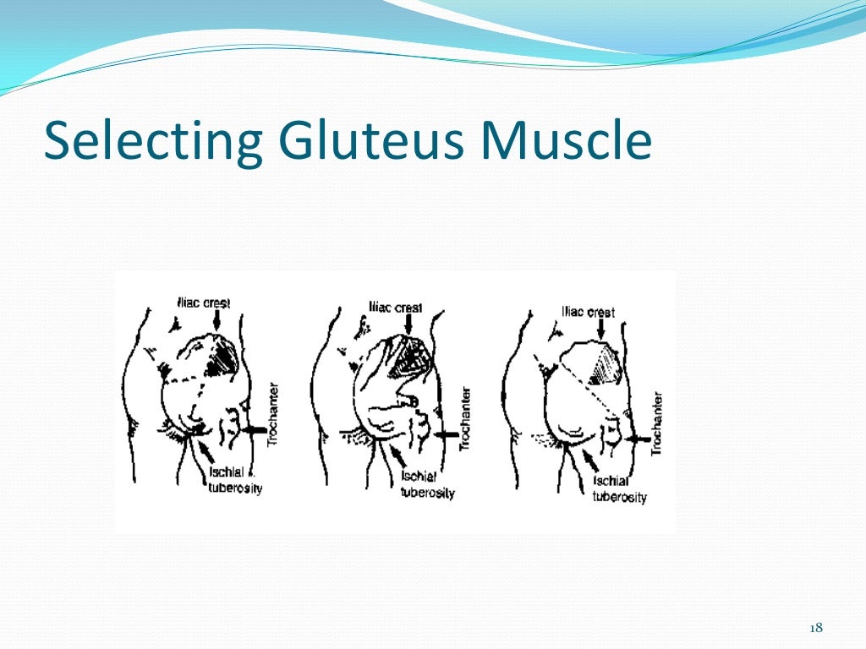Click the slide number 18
pyautogui.click(x=816, y=627)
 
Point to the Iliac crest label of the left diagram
pyautogui.click(x=204, y=302)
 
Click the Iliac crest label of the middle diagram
pyautogui.click(x=396, y=307)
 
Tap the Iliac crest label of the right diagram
pyautogui.click(x=589, y=312)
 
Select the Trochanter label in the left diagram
pyautogui.click(x=271, y=413)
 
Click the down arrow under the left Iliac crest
pyautogui.click(x=216, y=320)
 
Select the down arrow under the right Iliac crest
pyautogui.click(x=600, y=330)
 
